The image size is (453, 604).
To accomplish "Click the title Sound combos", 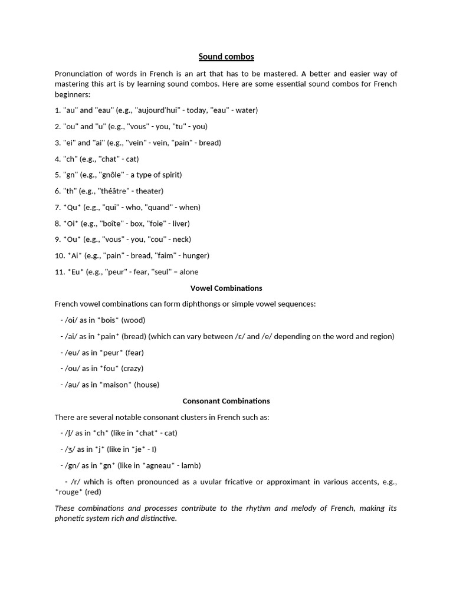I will tap(226, 57).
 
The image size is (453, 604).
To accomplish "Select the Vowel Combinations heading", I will tap(226, 288).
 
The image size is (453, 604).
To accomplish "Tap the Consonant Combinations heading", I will tap(226, 401).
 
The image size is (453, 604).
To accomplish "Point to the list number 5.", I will tap(57, 175).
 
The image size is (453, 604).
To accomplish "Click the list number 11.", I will tap(60, 272).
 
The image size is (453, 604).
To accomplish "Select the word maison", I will tap(116, 385).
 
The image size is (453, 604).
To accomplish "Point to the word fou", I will tap(109, 368).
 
